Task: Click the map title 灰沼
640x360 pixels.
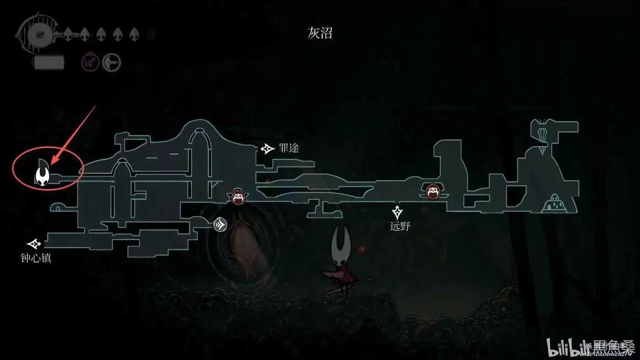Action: pyautogui.click(x=320, y=33)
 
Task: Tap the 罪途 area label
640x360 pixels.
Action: pyautogui.click(x=288, y=149)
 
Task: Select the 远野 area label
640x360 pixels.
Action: pyautogui.click(x=400, y=226)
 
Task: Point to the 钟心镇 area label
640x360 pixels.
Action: pyautogui.click(x=36, y=258)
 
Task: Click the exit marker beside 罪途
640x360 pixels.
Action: pyautogui.click(x=267, y=149)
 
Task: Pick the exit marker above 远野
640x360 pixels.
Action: pyautogui.click(x=397, y=211)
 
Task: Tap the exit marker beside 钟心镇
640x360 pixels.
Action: pyautogui.click(x=34, y=244)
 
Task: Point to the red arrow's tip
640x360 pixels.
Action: pyautogui.click(x=51, y=164)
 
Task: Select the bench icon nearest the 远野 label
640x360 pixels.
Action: pyautogui.click(x=432, y=191)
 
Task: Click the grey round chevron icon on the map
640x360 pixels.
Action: pyautogui.click(x=220, y=224)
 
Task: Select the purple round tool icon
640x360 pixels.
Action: pyautogui.click(x=91, y=62)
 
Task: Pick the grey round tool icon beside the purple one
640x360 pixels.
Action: pyautogui.click(x=111, y=62)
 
